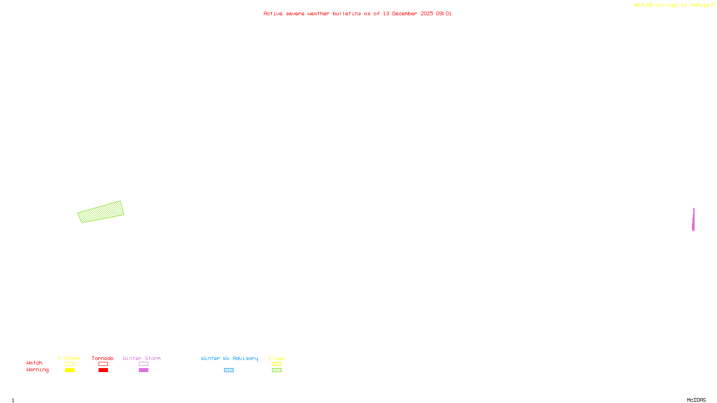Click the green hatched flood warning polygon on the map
tap(101, 212)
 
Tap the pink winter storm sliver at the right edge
tap(693, 220)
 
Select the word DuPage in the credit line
tap(700, 5)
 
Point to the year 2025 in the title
tap(427, 13)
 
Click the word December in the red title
tap(404, 13)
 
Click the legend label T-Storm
tap(69, 358)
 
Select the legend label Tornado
tap(103, 358)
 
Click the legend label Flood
tap(276, 358)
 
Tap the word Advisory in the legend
tap(245, 358)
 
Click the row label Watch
tap(35, 363)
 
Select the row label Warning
tap(38, 370)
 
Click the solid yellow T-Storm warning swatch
tap(69, 370)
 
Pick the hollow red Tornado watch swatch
tap(103, 364)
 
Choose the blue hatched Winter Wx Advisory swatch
tap(229, 370)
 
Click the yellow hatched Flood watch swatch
tap(276, 364)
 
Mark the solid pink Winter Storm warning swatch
tap(143, 370)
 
